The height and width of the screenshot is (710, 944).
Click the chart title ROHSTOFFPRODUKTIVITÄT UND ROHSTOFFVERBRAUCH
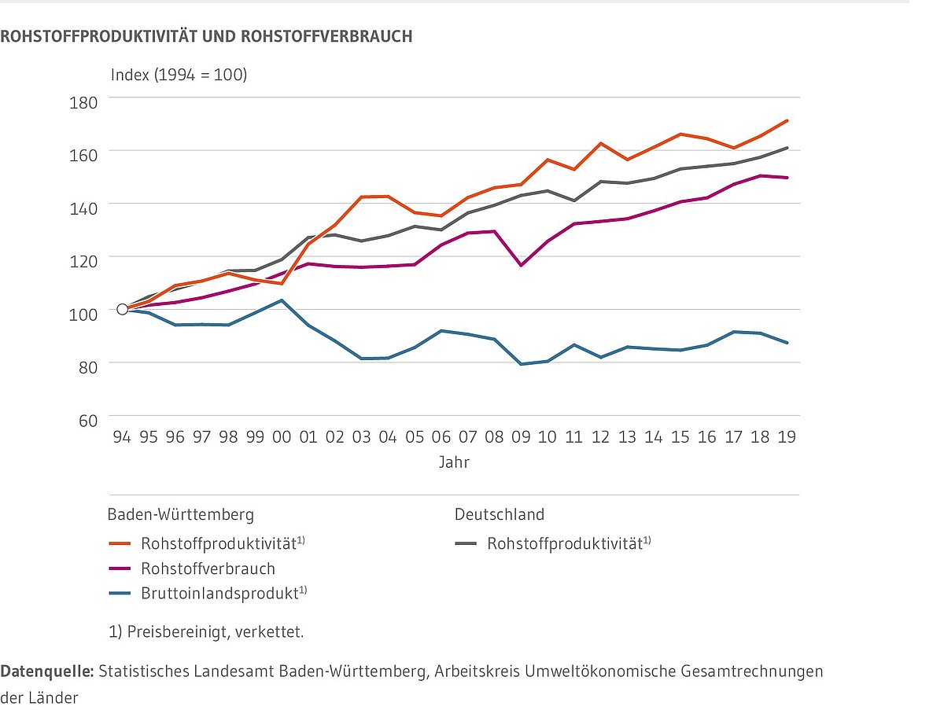point(206,36)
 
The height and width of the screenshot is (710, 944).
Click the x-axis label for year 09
point(521,436)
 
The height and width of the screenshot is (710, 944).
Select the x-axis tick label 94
point(122,436)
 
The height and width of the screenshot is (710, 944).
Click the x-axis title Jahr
point(454,462)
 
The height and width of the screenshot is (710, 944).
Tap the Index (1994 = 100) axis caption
point(179,75)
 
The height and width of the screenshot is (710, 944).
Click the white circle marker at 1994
point(122,309)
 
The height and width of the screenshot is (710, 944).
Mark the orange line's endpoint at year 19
point(787,121)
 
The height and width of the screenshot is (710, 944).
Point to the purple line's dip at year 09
point(521,265)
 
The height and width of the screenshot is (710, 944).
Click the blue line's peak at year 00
point(282,300)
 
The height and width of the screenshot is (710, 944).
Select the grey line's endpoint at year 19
point(787,148)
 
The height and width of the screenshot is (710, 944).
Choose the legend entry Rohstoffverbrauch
point(208,568)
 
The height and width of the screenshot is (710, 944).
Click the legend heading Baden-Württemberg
point(181,515)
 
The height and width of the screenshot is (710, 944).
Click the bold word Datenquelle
point(47,671)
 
